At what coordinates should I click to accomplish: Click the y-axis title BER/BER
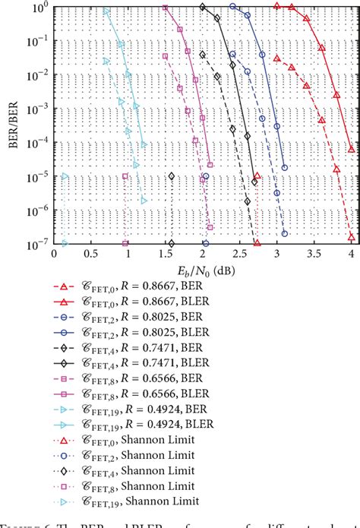click(10, 126)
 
